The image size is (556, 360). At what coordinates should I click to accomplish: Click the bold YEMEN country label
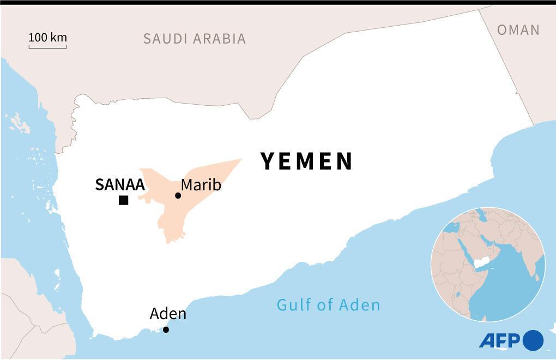pos(307,161)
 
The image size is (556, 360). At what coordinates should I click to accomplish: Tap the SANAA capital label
pos(119,185)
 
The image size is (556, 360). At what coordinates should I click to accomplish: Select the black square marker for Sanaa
pos(124,200)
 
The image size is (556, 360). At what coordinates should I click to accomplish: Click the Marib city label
pos(201,185)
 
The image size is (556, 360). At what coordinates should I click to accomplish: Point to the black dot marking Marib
pos(178,196)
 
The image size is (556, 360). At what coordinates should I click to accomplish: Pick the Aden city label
pos(168,314)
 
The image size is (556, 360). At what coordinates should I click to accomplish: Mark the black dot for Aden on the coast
pos(166,329)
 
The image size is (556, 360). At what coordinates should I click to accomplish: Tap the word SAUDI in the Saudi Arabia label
pos(165,39)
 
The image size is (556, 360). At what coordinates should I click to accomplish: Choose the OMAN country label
pos(518,30)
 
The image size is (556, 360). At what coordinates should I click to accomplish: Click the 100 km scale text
pos(47,38)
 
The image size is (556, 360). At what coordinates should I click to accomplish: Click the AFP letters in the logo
pos(500,340)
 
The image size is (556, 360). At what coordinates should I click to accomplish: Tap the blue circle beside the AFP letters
pos(533,340)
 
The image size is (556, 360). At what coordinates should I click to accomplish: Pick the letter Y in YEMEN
pos(268,161)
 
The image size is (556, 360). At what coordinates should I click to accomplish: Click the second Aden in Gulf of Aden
pos(360,304)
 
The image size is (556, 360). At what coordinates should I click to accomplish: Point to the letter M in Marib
pos(187,185)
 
